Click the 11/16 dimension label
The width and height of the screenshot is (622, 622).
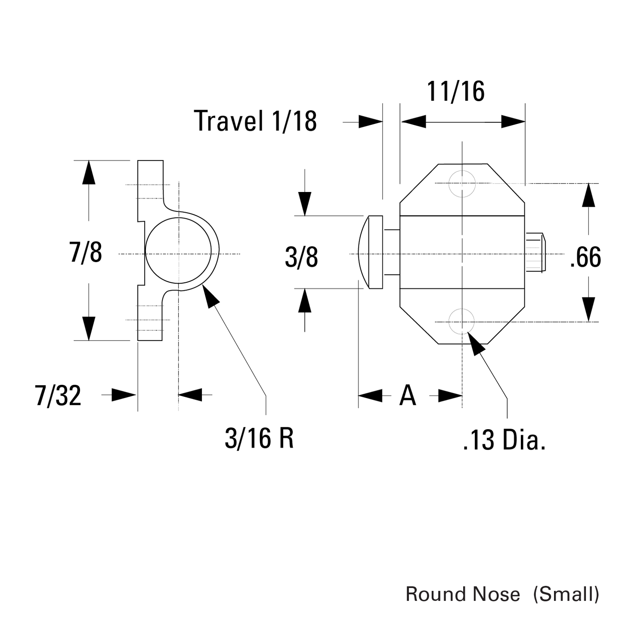tap(455, 91)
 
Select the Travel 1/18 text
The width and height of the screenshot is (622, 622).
tap(255, 121)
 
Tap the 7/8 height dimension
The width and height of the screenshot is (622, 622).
tap(86, 252)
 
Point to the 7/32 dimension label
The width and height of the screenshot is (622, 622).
tap(58, 396)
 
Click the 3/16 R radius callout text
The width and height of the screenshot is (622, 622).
tap(259, 439)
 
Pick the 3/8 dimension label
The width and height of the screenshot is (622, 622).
tap(301, 257)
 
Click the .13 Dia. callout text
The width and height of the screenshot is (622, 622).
tap(504, 441)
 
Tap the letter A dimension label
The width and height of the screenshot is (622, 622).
tap(408, 396)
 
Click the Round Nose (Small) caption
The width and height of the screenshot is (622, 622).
tap(502, 594)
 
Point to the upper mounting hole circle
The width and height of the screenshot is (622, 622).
tap(462, 184)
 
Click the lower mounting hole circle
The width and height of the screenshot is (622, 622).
tap(462, 322)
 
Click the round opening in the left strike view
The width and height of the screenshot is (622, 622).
tap(178, 252)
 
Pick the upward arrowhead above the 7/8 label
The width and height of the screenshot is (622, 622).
tap(89, 172)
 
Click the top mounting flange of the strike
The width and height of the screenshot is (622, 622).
tap(150, 181)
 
